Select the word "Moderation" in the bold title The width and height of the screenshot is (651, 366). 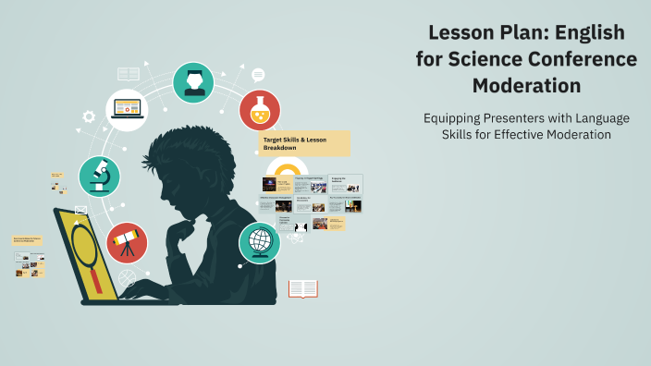526,86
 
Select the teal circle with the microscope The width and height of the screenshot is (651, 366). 99,176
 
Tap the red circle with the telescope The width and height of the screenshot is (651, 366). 126,242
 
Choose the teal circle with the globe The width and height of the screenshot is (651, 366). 260,242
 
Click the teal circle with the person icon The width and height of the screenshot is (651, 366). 193,82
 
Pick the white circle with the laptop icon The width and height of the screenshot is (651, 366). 127,110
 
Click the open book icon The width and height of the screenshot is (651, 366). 302,289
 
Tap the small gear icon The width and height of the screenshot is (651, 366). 89,116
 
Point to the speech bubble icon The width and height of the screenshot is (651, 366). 258,75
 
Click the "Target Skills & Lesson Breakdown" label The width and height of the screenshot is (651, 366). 304,143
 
